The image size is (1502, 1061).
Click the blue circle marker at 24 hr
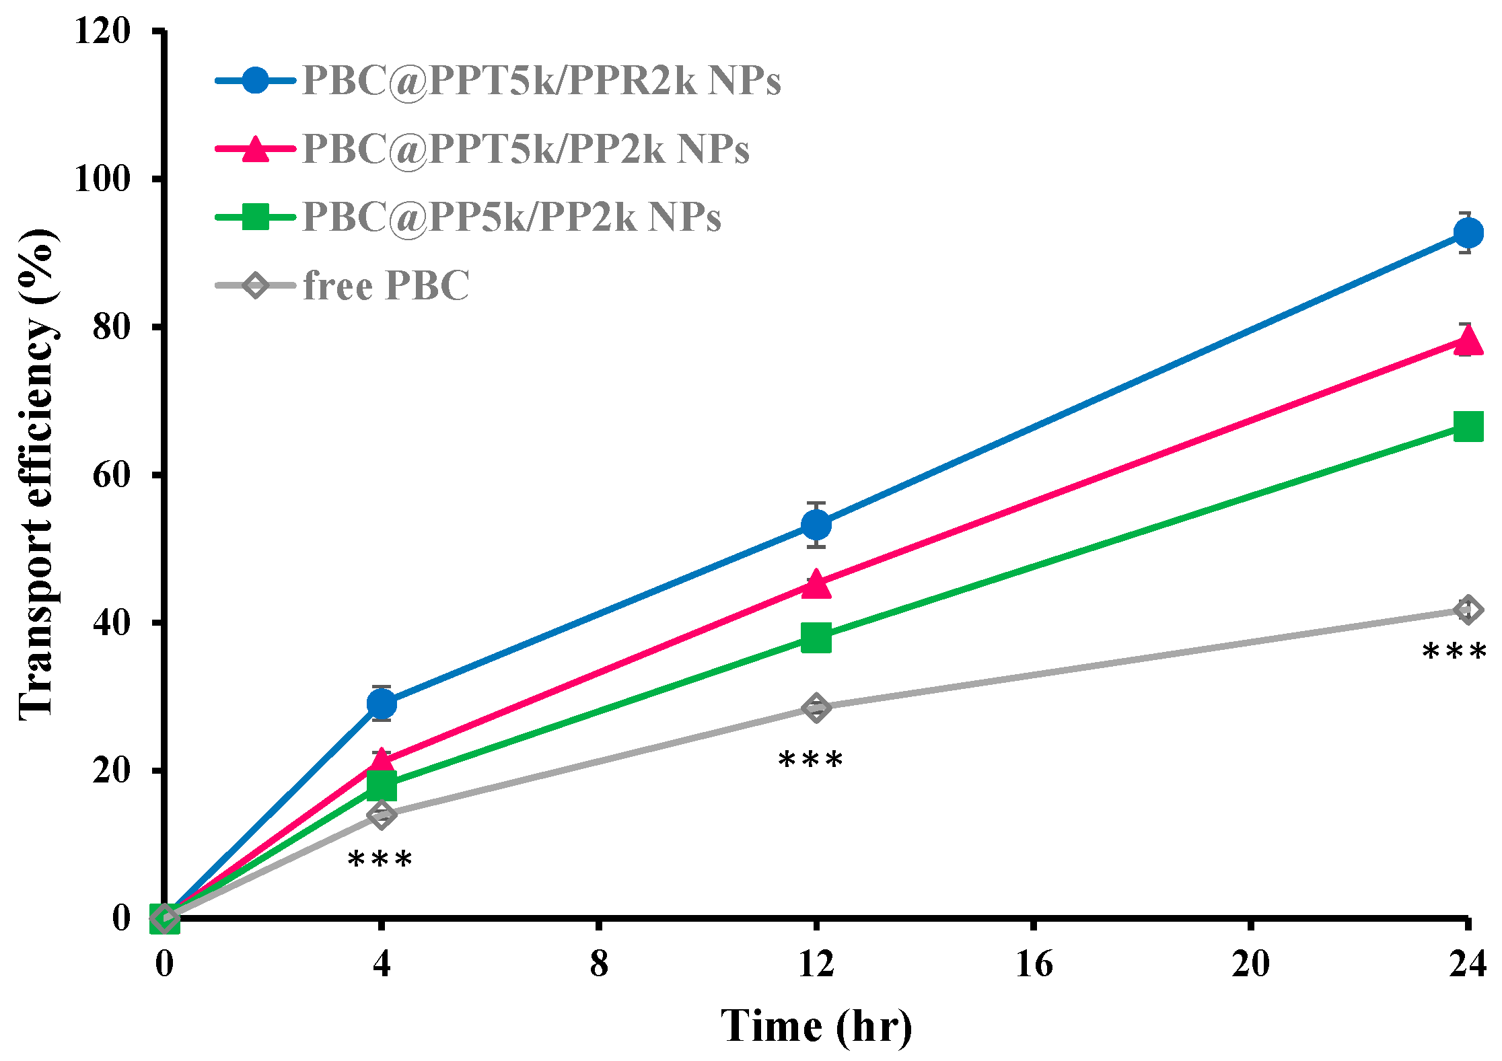[1468, 233]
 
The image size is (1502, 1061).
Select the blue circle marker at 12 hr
[816, 524]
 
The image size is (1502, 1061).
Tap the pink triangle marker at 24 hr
[1468, 340]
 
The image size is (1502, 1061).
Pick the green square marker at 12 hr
[816, 636]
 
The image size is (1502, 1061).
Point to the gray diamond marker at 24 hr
[1468, 610]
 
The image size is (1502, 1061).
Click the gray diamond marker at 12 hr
[816, 708]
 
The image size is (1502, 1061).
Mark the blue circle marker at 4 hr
[382, 704]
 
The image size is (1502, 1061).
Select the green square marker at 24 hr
[1468, 427]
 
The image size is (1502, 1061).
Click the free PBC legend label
[386, 286]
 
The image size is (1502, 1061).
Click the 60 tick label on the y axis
[111, 475]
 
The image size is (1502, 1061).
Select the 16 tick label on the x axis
[1034, 964]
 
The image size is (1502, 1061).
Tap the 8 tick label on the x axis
[599, 964]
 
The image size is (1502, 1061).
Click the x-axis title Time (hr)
[816, 1026]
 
